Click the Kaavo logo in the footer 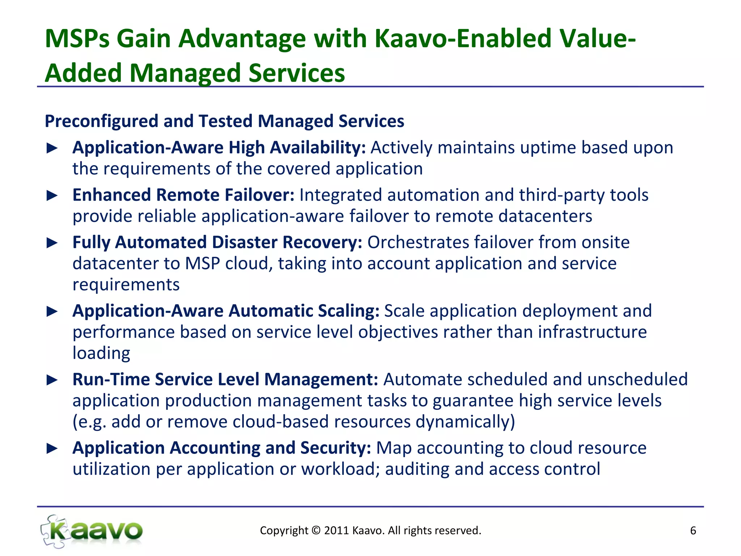pos(92,531)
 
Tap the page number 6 pos(693,531)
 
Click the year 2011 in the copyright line pos(336,531)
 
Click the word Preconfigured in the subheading pos(101,121)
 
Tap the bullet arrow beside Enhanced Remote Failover pos(52,196)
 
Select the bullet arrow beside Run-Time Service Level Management pos(52,380)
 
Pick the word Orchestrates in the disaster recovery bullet pos(418,243)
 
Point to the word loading pos(101,353)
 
